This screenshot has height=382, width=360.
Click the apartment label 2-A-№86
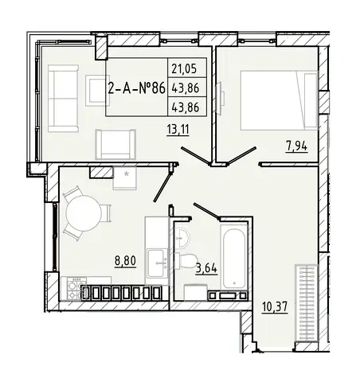point(137,88)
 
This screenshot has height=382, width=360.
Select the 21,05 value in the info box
point(184,69)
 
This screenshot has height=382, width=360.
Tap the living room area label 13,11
point(178,130)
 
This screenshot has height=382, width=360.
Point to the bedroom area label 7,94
point(296,146)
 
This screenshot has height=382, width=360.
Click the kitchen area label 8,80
point(125,261)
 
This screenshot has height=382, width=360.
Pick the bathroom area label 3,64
point(206,268)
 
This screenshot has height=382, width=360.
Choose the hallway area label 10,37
point(275,307)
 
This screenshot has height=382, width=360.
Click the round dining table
point(84,213)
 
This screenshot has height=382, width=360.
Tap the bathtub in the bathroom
point(234,257)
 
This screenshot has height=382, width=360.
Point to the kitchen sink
point(158,263)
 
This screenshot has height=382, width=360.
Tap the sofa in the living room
point(63,99)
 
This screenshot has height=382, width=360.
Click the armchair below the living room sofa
point(115,145)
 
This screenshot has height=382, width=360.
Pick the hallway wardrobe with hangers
point(306,302)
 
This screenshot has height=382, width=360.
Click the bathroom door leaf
point(207,212)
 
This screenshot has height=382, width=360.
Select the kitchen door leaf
point(162,184)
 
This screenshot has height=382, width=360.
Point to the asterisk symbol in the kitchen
point(127,174)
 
